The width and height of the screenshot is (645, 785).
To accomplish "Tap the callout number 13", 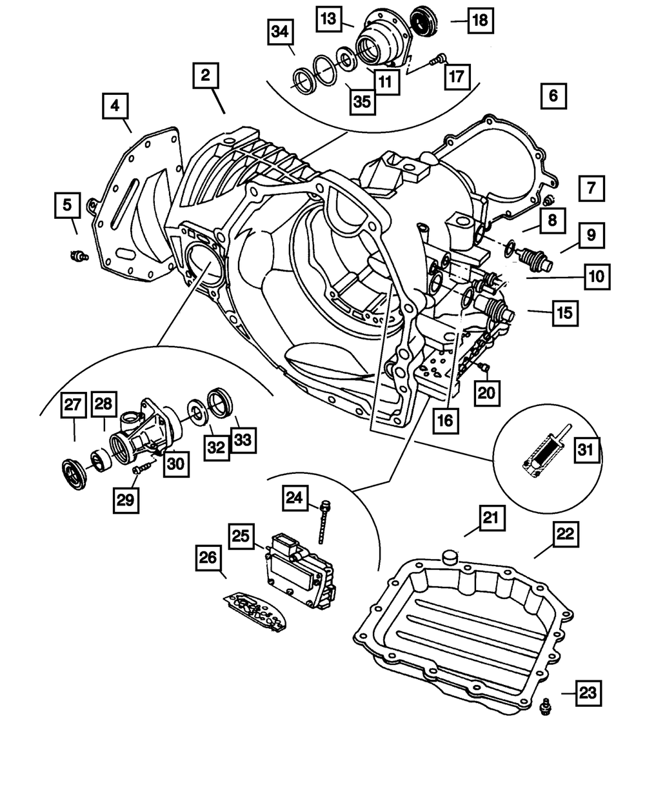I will point(329,19).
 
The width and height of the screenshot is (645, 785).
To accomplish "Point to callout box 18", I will point(481,21).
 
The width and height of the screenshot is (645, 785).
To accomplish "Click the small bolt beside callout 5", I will point(78,256).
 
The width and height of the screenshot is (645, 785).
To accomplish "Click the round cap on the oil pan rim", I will point(449,557).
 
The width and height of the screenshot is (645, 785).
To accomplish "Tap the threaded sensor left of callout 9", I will point(532,260).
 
